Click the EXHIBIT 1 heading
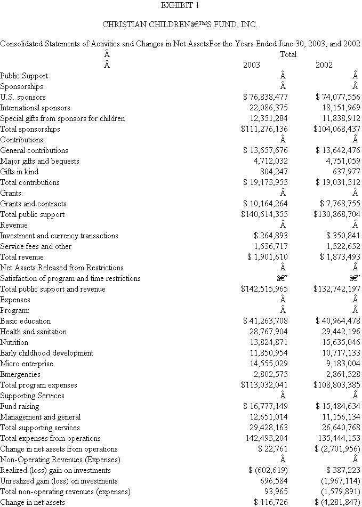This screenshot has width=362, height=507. (x=180, y=6)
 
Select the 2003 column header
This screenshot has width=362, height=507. (x=252, y=65)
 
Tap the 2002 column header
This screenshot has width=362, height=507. (x=324, y=65)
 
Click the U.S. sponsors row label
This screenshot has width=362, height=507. (x=23, y=97)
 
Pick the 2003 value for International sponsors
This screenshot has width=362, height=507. (x=265, y=108)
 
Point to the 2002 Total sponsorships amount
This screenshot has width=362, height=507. (x=337, y=129)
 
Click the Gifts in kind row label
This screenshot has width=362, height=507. (x=19, y=172)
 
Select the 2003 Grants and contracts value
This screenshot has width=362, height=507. (x=265, y=204)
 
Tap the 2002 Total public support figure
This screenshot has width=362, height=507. (x=337, y=214)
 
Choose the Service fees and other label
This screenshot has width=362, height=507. (x=36, y=246)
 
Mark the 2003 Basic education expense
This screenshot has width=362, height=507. (x=265, y=321)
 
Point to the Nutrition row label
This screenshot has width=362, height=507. (x=14, y=342)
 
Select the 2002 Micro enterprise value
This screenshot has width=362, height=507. (x=342, y=364)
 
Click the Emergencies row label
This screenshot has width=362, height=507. (x=20, y=374)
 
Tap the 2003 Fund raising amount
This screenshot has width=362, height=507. (x=265, y=406)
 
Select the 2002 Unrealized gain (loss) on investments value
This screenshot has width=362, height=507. (x=340, y=481)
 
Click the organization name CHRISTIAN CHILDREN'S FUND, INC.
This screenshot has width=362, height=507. (x=180, y=25)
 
